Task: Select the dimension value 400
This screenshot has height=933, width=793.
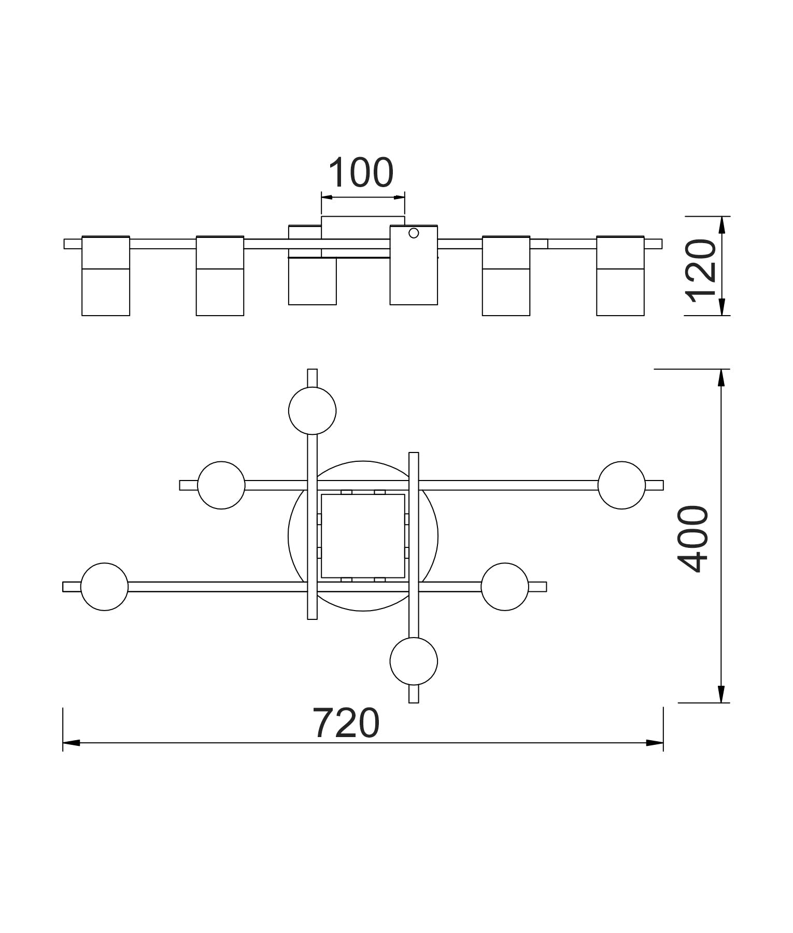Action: [x=693, y=539]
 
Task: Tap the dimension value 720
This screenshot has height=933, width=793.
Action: [x=346, y=724]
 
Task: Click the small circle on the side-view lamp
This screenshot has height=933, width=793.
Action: [x=414, y=233]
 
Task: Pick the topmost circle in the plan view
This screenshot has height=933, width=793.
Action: [x=313, y=411]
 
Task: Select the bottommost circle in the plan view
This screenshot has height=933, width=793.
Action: [x=414, y=661]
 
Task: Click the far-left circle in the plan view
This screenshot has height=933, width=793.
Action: [x=105, y=587]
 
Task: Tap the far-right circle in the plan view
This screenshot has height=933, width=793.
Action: [x=621, y=485]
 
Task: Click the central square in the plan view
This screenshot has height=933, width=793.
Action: [x=363, y=536]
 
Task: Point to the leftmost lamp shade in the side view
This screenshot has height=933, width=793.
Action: [x=106, y=276]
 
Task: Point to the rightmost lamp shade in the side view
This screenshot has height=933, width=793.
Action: [x=620, y=276]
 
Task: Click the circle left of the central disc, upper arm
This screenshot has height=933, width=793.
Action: [x=221, y=485]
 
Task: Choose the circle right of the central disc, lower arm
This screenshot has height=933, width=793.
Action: [x=505, y=587]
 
